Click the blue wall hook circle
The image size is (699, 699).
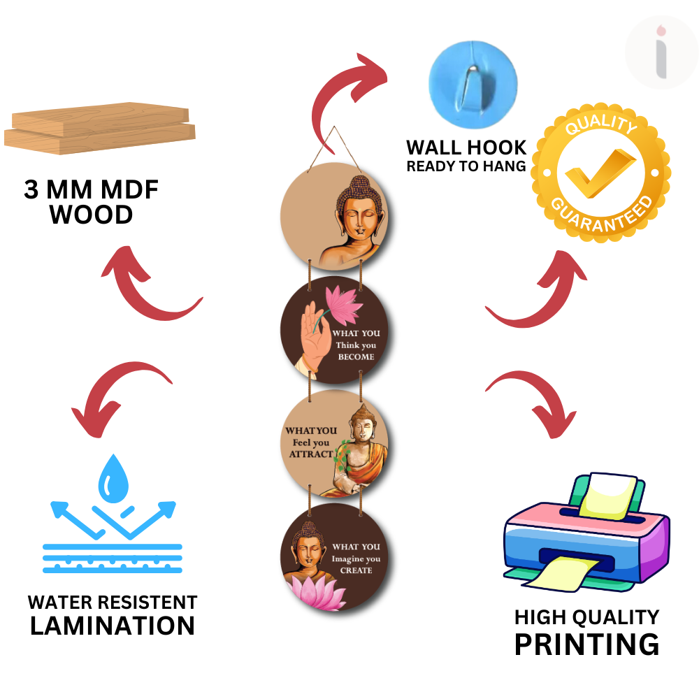click(473, 85)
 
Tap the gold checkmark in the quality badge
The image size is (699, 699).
click(600, 173)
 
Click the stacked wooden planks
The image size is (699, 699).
click(100, 129)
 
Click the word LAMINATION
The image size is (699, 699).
click(113, 626)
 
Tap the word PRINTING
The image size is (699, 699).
click(586, 644)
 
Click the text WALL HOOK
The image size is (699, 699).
click(466, 147)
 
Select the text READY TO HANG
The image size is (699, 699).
click(466, 166)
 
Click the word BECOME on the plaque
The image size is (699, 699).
click(356, 356)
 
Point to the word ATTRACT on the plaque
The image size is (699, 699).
click(311, 454)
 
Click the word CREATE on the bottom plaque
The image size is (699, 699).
click(356, 570)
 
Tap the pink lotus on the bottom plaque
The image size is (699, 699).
click(317, 591)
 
